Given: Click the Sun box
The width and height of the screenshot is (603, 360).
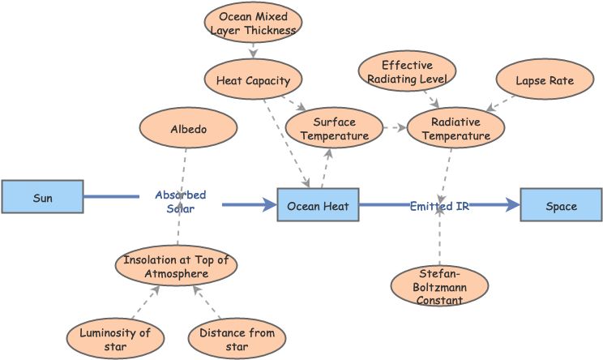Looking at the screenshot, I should [x=42, y=197].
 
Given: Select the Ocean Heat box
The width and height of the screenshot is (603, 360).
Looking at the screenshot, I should [x=318, y=206].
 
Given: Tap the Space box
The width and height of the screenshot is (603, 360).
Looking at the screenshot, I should [x=561, y=206].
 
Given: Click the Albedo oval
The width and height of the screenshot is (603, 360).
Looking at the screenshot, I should [x=188, y=129].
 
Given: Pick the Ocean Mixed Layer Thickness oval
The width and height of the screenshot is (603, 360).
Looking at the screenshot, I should [x=253, y=23].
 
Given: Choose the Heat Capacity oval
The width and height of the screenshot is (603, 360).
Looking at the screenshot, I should [x=253, y=80].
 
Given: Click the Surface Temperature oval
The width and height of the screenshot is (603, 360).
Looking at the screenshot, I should [x=334, y=129].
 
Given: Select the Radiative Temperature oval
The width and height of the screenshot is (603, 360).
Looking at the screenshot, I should [x=455, y=129].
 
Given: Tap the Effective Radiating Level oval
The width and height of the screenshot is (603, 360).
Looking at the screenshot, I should [x=407, y=71].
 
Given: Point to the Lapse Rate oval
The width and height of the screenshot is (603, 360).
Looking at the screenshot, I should [x=545, y=80].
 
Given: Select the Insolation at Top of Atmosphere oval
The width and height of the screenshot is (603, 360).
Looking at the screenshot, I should [x=177, y=267].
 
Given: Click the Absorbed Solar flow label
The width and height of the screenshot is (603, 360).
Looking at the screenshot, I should [x=180, y=201].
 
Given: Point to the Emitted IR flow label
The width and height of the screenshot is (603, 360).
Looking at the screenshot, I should [x=439, y=206].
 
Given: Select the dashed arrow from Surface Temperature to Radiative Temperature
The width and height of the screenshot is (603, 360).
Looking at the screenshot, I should [x=394, y=128].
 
